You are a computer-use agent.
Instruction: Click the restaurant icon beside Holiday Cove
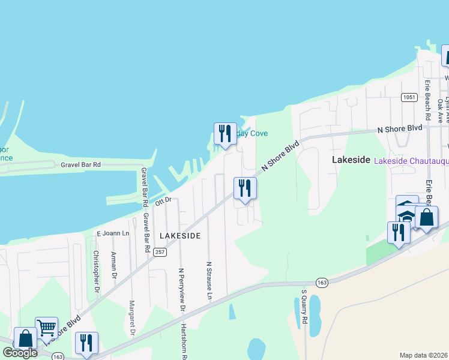click(225, 133)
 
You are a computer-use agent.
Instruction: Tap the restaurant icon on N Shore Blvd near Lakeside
click(245, 188)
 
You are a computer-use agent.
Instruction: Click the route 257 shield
click(159, 252)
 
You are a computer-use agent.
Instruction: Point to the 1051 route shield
click(410, 97)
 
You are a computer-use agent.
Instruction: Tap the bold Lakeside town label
click(351, 160)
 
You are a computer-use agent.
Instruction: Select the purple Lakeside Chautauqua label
click(411, 161)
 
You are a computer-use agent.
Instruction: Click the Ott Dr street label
click(163, 202)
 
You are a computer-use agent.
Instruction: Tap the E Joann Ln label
click(113, 233)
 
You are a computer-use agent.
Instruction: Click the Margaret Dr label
click(133, 317)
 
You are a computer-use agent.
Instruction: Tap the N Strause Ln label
click(209, 280)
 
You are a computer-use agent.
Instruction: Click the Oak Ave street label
click(441, 110)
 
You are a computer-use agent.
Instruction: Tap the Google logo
click(20, 353)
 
